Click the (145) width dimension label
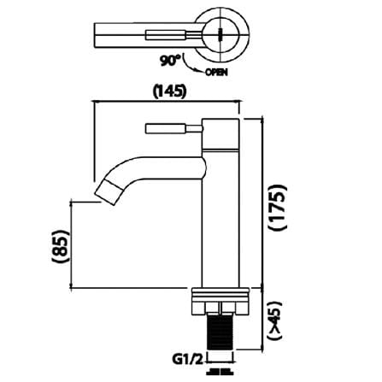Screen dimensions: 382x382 169,91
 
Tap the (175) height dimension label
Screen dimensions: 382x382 278,207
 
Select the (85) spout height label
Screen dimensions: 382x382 61,245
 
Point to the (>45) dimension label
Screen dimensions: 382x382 275,320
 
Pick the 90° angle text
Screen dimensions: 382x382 170,60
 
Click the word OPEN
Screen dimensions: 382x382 216,73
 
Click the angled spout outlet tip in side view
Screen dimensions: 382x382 109,192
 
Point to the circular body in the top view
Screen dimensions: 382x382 221,35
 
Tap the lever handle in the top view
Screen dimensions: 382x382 174,35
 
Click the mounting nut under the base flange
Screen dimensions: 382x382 220,308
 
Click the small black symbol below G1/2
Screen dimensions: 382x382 220,372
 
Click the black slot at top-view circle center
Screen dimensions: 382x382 220,35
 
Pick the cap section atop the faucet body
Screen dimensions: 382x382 220,134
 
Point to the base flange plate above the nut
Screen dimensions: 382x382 220,295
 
